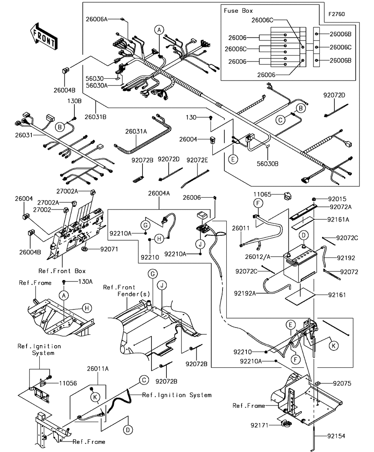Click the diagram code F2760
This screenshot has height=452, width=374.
pos(336,14)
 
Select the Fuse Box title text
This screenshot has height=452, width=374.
pos(238,11)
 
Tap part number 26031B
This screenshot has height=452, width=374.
pos(95,117)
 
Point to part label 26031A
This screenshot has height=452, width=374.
pos(136,132)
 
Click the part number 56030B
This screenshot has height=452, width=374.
pos(267,164)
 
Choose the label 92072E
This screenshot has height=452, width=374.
pos(197,160)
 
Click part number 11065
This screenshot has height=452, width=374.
pos(262,195)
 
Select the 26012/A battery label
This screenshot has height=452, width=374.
pos(258,257)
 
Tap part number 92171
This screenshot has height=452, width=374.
pos(259,425)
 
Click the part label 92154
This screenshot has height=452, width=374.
pos(336,436)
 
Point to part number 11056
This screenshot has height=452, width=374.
pos(68,383)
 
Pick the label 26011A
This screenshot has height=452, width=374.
pos(98,369)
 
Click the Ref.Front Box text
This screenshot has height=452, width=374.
pos(62,271)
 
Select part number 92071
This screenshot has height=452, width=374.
pos(109,249)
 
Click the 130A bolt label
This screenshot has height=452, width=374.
pos(85,281)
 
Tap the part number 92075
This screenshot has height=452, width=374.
pos(342,383)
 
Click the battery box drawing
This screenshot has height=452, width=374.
pos(300,264)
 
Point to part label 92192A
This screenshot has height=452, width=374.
pos(245,293)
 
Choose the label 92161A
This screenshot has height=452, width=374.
pos(338,220)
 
